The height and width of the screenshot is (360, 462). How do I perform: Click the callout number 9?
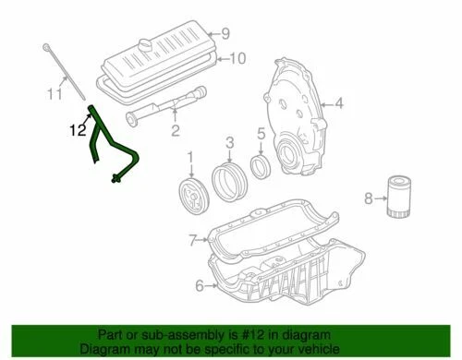[x=224, y=34]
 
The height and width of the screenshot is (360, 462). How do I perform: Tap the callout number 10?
[x=237, y=59]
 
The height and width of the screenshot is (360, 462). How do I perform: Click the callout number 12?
[x=76, y=130]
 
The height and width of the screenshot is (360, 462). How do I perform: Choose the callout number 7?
[x=192, y=240]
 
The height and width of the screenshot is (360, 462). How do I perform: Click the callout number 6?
[x=199, y=285]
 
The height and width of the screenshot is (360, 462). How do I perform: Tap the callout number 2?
[x=174, y=132]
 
